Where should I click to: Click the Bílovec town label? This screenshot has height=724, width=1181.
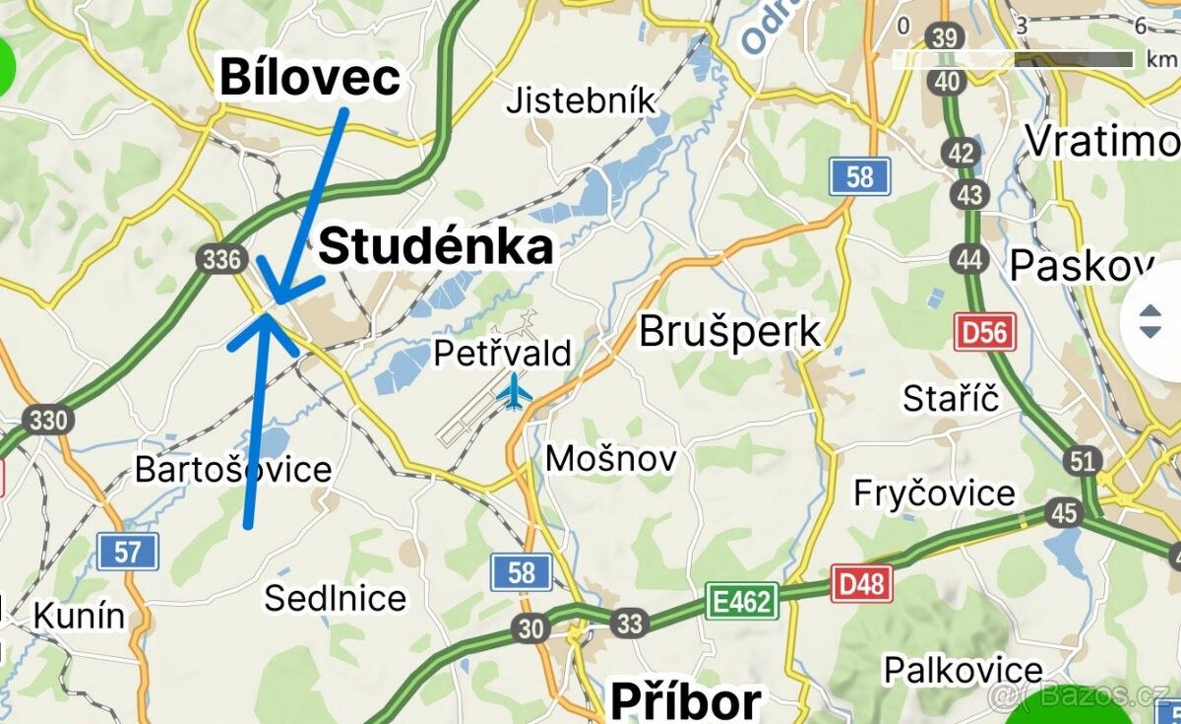pyautogui.click(x=309, y=77)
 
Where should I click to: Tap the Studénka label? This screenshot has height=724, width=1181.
pyautogui.click(x=435, y=246)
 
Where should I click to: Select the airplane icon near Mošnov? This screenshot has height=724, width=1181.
pyautogui.click(x=514, y=391)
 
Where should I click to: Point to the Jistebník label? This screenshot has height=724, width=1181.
pyautogui.click(x=581, y=100)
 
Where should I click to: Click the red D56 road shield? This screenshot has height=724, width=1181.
pyautogui.click(x=984, y=332)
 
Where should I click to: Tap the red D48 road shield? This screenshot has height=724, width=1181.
pyautogui.click(x=861, y=584)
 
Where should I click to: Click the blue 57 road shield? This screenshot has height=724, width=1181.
pyautogui.click(x=127, y=552)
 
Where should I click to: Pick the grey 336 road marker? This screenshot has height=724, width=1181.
pyautogui.click(x=220, y=259)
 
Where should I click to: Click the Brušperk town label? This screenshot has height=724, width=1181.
pyautogui.click(x=729, y=332)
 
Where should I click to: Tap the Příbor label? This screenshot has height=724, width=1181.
pyautogui.click(x=685, y=701)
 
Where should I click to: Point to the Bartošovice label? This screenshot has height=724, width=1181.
pyautogui.click(x=233, y=469)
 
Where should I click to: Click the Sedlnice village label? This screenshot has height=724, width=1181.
pyautogui.click(x=335, y=598)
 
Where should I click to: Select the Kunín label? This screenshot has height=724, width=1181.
pyautogui.click(x=79, y=617)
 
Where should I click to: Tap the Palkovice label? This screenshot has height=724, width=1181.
pyautogui.click(x=963, y=670)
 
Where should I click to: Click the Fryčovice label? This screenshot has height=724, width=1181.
pyautogui.click(x=934, y=493)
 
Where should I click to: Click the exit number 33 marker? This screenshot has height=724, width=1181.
pyautogui.click(x=629, y=623)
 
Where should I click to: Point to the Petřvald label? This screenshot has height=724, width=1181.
pyautogui.click(x=502, y=353)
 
